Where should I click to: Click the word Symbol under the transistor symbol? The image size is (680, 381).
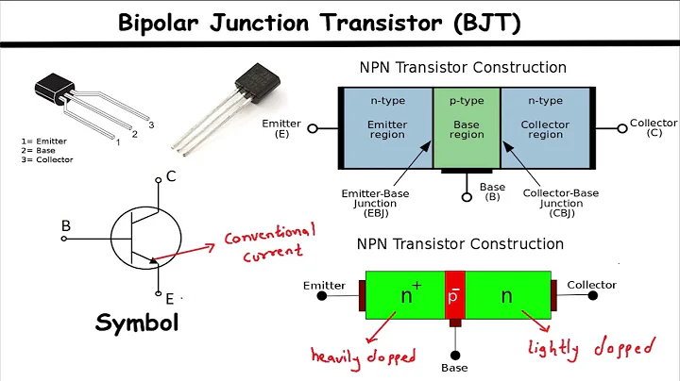coord(137,323)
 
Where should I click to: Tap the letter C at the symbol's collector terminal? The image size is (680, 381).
coord(171,176)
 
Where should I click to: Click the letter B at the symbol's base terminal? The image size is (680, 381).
coord(66,226)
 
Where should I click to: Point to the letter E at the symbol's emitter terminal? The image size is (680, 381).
coord(170,299)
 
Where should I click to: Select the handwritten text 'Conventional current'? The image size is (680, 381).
coord(268,242)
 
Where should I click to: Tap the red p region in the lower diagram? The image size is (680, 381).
coord(455,296)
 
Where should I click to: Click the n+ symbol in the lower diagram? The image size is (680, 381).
coord(409,294)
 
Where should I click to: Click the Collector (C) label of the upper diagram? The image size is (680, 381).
coord(653,128)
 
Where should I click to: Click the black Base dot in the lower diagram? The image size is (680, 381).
coord(456,355)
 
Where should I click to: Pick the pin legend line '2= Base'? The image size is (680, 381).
coord(40,150)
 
